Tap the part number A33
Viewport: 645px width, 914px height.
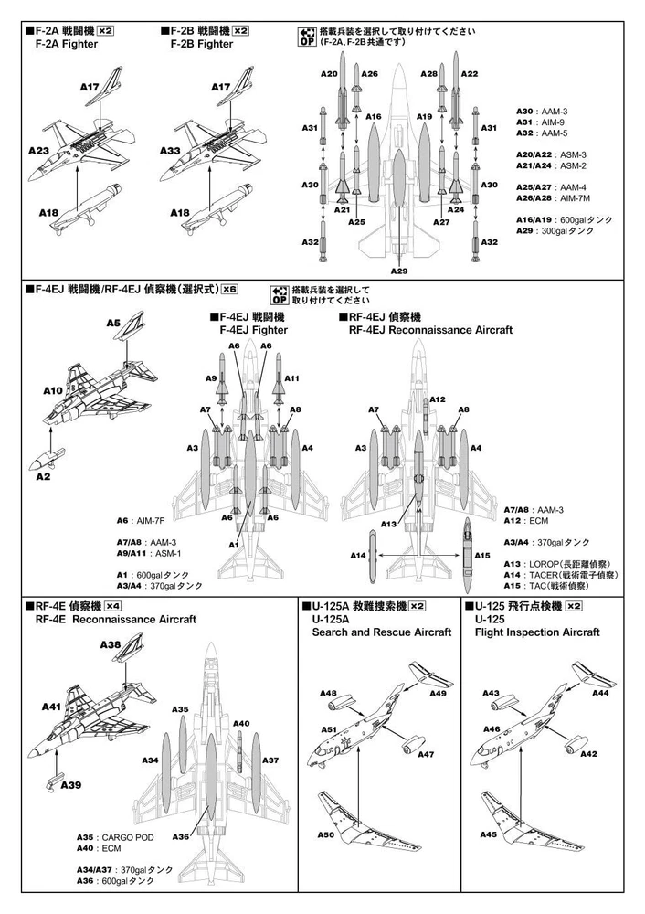pos(170,150)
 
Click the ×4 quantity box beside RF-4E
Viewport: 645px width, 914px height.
pos(112,605)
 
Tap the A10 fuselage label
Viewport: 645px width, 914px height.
pos(52,389)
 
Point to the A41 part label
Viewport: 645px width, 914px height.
pos(51,707)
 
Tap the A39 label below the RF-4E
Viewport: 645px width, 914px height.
pos(71,784)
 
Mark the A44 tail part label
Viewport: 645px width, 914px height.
pos(600,694)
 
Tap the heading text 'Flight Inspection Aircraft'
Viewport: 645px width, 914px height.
pos(537,632)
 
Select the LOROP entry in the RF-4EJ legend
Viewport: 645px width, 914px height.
pos(565,564)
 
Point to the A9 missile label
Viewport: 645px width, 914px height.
pos(210,377)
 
